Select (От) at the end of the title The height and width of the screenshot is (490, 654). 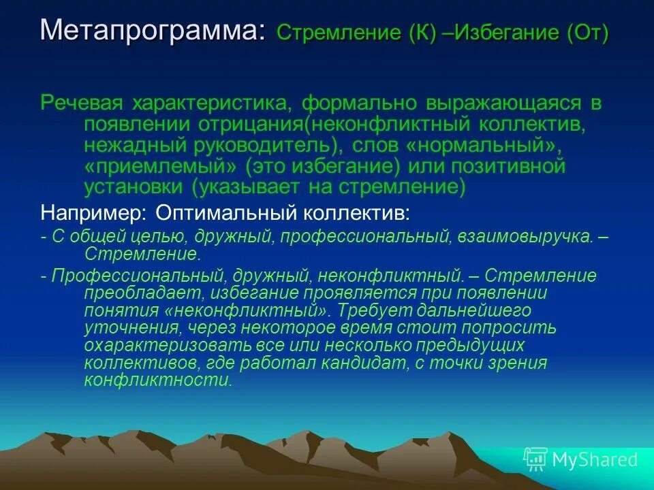[x=587, y=33]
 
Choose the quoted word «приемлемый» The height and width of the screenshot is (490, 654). [x=161, y=167]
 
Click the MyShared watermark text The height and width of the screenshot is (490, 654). [x=595, y=459]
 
